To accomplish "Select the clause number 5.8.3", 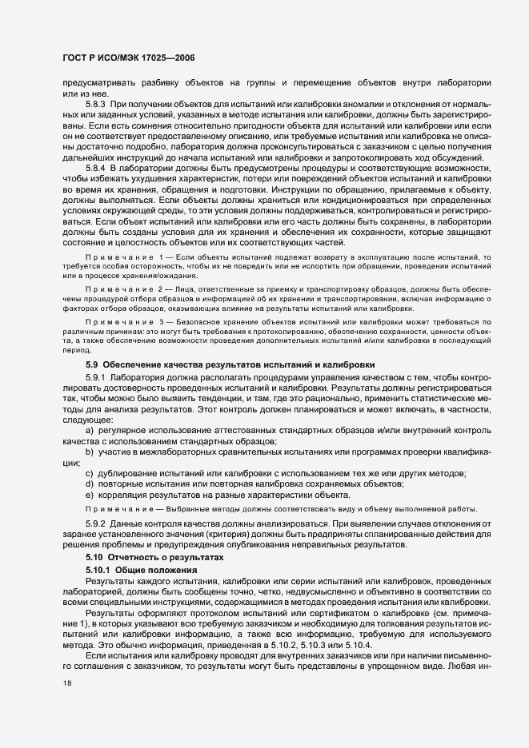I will pyautogui.click(x=95, y=105).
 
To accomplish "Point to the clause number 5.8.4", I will pyautogui.click(x=95, y=168).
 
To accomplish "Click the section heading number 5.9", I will pyautogui.click(x=90, y=364).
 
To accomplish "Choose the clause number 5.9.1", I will pyautogui.click(x=95, y=376).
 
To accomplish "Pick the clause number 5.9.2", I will pyautogui.click(x=95, y=523).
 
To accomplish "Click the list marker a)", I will pyautogui.click(x=89, y=431).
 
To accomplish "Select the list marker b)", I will pyautogui.click(x=89, y=452).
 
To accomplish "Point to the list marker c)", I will pyautogui.click(x=89, y=474).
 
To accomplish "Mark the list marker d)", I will pyautogui.click(x=89, y=484).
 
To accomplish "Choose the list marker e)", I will pyautogui.click(x=89, y=495).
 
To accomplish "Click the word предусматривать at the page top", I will pyautogui.click(x=98, y=82).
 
